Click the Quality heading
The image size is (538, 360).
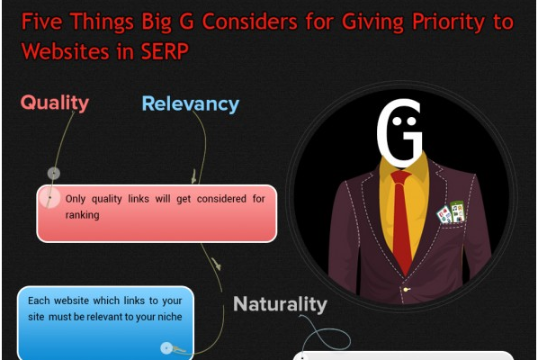pos(55,103)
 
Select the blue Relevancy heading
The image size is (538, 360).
pos(191,103)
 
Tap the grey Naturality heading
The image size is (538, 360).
pos(280,304)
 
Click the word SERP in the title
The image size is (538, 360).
pos(165,51)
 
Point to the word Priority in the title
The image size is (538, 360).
pos(448,22)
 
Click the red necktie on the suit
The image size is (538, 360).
pos(402,220)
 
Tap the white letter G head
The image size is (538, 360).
pos(399,132)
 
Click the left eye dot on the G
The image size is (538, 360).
pos(397,121)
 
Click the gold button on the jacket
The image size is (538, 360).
pos(407,290)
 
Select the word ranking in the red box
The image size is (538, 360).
pos(83,215)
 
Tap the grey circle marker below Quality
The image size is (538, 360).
pos(54,174)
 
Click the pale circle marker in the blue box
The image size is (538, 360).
pos(166,348)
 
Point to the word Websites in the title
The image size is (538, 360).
pos(66,51)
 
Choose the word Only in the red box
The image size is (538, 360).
pos(76,199)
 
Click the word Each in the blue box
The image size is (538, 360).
pos(39,301)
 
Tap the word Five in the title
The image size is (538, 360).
pos(42,22)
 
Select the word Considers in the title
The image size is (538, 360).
pos(249,22)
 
